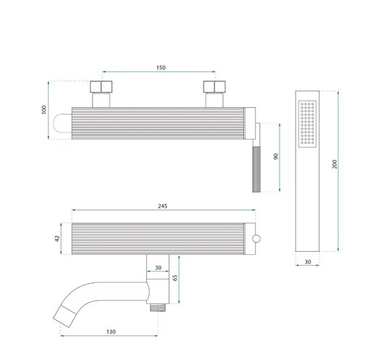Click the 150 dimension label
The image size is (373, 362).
tap(161, 67)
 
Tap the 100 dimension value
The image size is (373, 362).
tap(43, 110)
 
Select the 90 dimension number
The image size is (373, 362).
tap(276, 156)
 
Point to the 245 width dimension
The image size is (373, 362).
tap(162, 206)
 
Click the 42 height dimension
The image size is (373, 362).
tap(57, 239)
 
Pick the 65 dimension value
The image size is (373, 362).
tap(175, 278)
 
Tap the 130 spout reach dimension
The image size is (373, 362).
tap(111, 332)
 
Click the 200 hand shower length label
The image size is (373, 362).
tap(335, 164)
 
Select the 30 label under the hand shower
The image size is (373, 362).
tap(308, 262)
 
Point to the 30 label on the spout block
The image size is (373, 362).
tap(158, 268)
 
